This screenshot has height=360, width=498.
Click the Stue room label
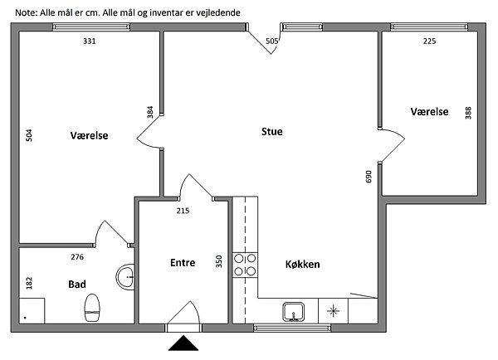(272, 131)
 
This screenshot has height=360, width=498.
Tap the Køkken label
(302, 264)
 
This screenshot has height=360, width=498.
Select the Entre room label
(183, 263)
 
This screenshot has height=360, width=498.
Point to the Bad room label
(77, 285)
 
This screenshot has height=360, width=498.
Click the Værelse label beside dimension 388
(429, 111)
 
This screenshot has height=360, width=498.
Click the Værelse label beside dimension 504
(90, 135)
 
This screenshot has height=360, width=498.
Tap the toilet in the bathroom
(92, 308)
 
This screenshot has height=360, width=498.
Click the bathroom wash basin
(125, 277)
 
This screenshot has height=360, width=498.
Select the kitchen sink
(294, 312)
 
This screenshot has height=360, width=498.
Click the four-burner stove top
(245, 265)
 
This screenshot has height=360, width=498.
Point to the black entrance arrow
(183, 343)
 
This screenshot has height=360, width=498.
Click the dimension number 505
(272, 41)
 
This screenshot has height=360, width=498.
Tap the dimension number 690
(369, 177)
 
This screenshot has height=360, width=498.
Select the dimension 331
(90, 41)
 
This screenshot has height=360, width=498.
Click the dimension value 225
(429, 41)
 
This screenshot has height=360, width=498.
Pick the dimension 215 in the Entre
(183, 211)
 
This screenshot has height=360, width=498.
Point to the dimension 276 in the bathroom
(77, 257)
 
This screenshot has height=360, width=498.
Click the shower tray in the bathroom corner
(32, 311)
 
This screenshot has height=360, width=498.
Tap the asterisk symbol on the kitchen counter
(333, 311)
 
